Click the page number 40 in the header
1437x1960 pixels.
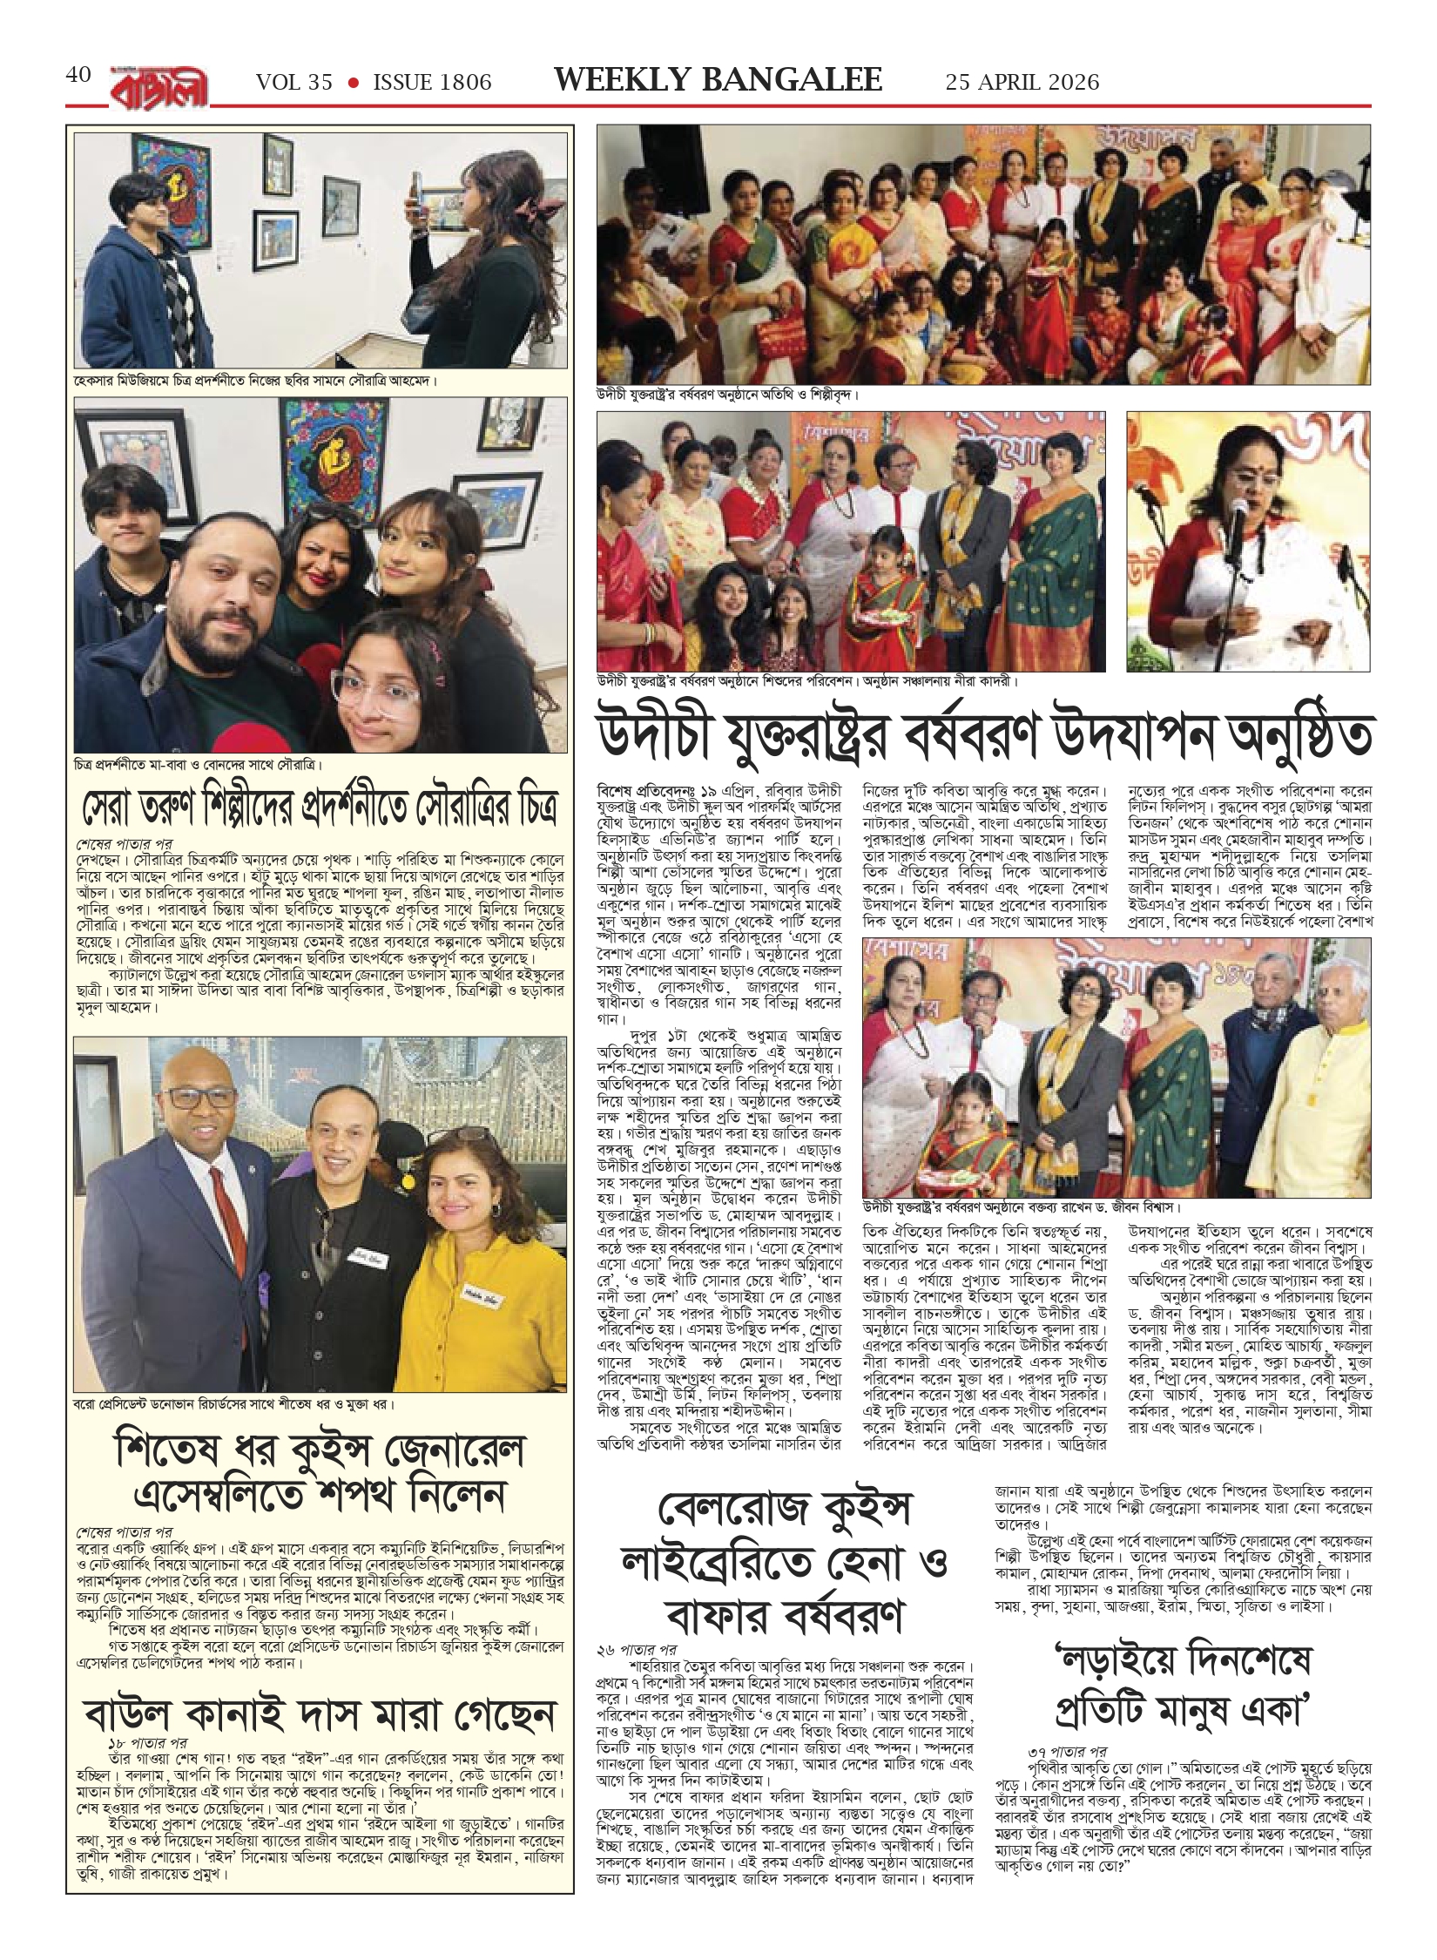pyautogui.click(x=78, y=76)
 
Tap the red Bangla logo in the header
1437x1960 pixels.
pyautogui.click(x=159, y=85)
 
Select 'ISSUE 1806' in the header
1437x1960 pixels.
pyautogui.click(x=432, y=82)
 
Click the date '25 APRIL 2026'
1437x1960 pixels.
pyautogui.click(x=1022, y=82)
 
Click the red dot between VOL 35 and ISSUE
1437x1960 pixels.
pyautogui.click(x=354, y=82)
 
